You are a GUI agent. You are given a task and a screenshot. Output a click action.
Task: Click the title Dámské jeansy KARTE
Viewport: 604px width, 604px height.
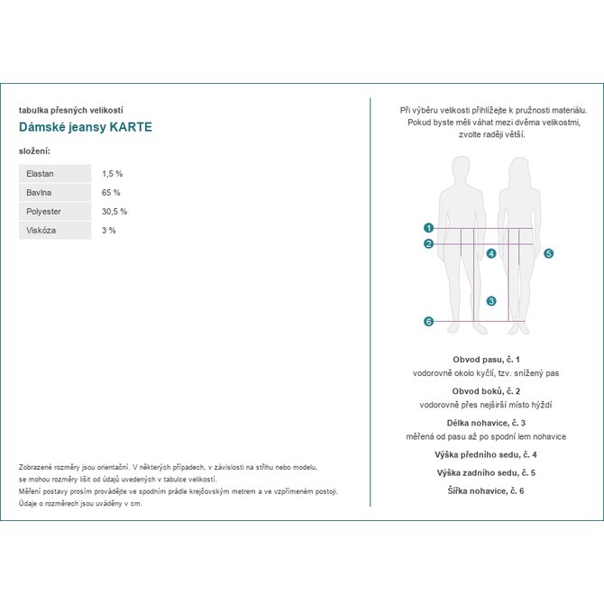[x=86, y=127]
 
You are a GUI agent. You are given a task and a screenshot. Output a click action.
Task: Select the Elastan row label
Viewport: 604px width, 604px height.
[x=40, y=173]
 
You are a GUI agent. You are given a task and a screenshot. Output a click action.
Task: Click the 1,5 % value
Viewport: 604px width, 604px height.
[x=112, y=173]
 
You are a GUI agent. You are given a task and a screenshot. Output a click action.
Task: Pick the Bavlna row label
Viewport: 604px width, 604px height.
[x=39, y=193]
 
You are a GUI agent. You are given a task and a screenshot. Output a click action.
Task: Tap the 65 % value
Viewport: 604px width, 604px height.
[x=111, y=193]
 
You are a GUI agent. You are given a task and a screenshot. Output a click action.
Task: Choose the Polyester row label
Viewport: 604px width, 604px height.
[x=44, y=212]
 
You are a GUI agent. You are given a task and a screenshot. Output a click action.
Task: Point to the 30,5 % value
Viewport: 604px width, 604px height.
[x=114, y=212]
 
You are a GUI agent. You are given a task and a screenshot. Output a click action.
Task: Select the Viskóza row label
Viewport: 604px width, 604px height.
[x=41, y=231]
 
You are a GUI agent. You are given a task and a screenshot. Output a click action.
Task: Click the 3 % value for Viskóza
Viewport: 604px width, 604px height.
[x=109, y=231]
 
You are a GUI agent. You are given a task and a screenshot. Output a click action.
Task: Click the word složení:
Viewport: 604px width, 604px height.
[x=34, y=150]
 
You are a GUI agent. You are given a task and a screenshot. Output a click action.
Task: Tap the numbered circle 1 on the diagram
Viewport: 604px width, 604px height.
[x=428, y=228]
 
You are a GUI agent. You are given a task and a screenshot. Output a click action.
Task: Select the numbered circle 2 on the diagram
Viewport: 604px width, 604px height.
[x=428, y=243]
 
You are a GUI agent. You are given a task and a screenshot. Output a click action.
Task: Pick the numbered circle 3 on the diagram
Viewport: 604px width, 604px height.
[x=490, y=301]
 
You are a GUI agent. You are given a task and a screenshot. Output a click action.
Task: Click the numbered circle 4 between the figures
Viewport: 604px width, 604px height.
[x=490, y=254]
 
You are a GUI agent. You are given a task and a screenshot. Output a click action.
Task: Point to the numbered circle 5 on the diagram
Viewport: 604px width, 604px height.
[x=548, y=254]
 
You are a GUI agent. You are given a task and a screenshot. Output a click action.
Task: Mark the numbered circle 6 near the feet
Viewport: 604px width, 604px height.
[x=428, y=322]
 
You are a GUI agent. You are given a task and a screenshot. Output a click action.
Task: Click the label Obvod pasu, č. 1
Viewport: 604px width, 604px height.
[x=486, y=359]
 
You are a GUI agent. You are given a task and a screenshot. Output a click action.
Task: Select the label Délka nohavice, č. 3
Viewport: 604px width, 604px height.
[x=486, y=423]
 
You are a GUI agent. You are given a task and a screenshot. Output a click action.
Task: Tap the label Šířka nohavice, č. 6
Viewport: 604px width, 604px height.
[x=486, y=490]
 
